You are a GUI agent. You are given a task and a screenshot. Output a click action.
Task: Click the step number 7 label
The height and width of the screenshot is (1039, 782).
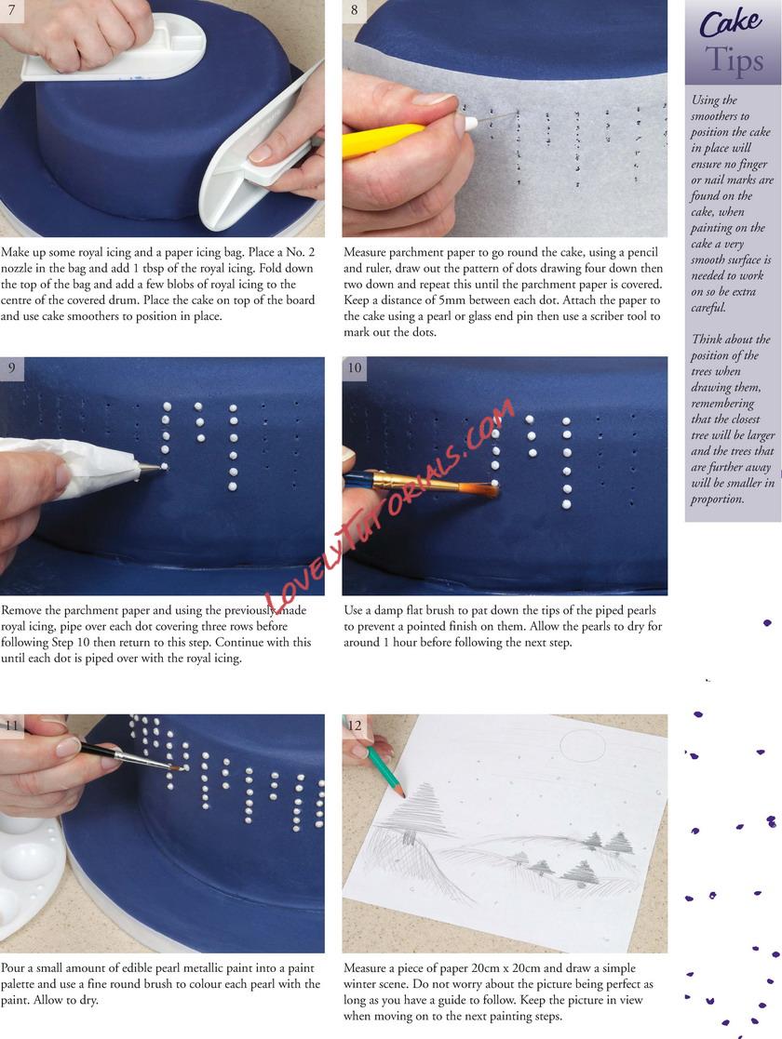10,10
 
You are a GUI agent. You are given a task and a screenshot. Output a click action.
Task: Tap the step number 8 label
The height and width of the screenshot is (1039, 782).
354,10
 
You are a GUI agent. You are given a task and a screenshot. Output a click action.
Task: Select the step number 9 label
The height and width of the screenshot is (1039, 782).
11,367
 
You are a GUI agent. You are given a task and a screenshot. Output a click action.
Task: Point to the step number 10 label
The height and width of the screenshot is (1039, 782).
355,367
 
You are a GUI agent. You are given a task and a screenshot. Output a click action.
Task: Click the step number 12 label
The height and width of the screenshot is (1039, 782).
355,725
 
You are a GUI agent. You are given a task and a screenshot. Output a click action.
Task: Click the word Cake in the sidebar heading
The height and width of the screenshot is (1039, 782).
730,23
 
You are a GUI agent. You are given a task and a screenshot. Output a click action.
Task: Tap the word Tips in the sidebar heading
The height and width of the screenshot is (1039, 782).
735,60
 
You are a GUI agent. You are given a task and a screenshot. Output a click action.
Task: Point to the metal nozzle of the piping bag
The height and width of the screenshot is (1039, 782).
151,469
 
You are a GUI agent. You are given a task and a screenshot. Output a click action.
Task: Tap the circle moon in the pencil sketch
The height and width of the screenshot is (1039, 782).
583,747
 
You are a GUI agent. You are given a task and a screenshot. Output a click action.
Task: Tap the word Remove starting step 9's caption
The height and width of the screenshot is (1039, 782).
21,610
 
